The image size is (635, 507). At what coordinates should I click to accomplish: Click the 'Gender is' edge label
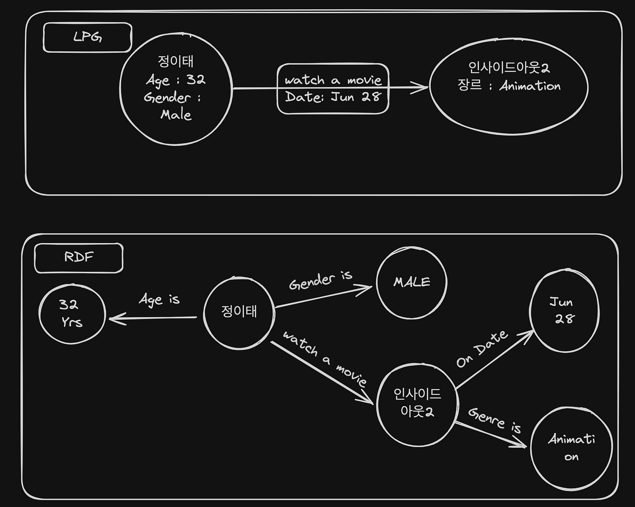click(320, 280)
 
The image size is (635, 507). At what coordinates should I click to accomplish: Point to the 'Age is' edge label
click(159, 299)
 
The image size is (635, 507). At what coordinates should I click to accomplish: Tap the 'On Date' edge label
click(482, 349)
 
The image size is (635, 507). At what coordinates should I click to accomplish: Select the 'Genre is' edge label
click(495, 420)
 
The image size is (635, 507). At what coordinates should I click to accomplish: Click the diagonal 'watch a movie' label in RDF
click(325, 358)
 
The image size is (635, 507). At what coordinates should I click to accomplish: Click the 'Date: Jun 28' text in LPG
click(333, 97)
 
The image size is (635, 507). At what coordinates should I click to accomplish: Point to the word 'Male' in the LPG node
click(176, 115)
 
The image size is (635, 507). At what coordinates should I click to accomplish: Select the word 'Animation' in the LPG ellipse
click(530, 86)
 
